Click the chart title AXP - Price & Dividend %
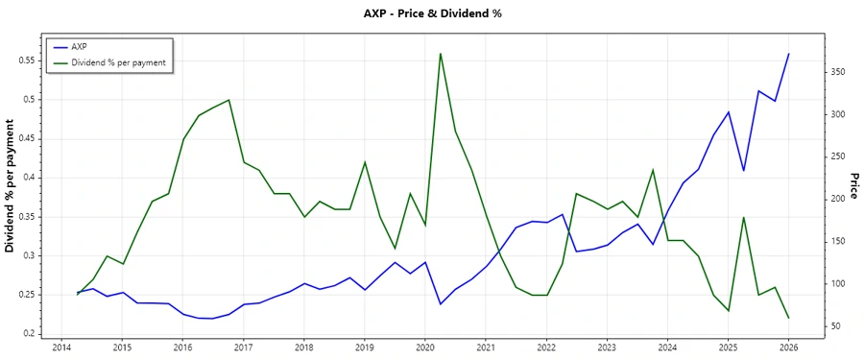pyautogui.click(x=431, y=13)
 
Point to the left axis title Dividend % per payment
pyautogui.click(x=11, y=186)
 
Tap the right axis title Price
pyautogui.click(x=853, y=186)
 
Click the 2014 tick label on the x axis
pyautogui.click(x=61, y=348)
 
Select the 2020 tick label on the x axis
pyautogui.click(x=425, y=348)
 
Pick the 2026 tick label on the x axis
pyautogui.click(x=789, y=348)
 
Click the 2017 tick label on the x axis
pyautogui.click(x=244, y=348)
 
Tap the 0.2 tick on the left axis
pyautogui.click(x=28, y=334)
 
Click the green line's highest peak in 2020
pyautogui.click(x=440, y=53)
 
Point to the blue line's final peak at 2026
pyautogui.click(x=789, y=54)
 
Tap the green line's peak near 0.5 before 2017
pyautogui.click(x=228, y=100)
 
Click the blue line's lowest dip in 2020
pyautogui.click(x=440, y=304)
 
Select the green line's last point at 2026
pyautogui.click(x=789, y=318)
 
